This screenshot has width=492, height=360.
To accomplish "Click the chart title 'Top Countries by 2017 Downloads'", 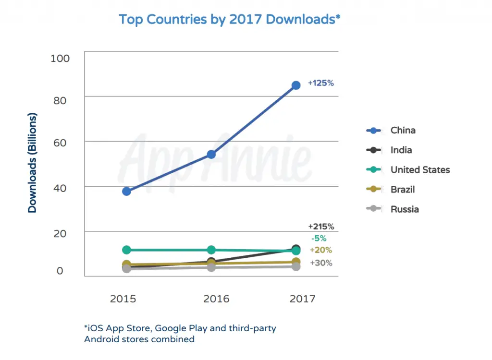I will (x=230, y=20).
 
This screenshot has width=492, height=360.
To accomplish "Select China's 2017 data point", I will (x=296, y=85).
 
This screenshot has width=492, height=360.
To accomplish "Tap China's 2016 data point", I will (x=211, y=154).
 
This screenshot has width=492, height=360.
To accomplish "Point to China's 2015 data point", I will (x=126, y=191).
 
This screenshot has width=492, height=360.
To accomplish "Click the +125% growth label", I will (x=320, y=83).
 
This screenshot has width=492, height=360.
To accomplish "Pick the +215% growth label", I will (x=320, y=227).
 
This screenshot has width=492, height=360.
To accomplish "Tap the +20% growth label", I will (x=320, y=250).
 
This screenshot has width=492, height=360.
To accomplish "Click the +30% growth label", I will (x=320, y=263).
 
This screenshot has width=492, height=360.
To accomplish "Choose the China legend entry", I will (x=403, y=131).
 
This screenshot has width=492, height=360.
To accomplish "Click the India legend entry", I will (x=401, y=150).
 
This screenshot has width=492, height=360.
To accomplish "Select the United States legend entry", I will (x=420, y=170).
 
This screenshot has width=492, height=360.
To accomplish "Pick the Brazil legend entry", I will (x=402, y=190).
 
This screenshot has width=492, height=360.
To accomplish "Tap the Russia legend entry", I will (x=404, y=209).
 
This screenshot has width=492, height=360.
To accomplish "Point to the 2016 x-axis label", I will (x=216, y=299).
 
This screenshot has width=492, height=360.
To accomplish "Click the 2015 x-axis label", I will (x=123, y=299).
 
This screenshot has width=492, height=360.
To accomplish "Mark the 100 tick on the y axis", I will (x=60, y=59).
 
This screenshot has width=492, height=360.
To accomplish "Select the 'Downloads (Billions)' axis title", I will (x=32, y=163).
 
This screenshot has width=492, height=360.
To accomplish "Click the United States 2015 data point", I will (x=126, y=250).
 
